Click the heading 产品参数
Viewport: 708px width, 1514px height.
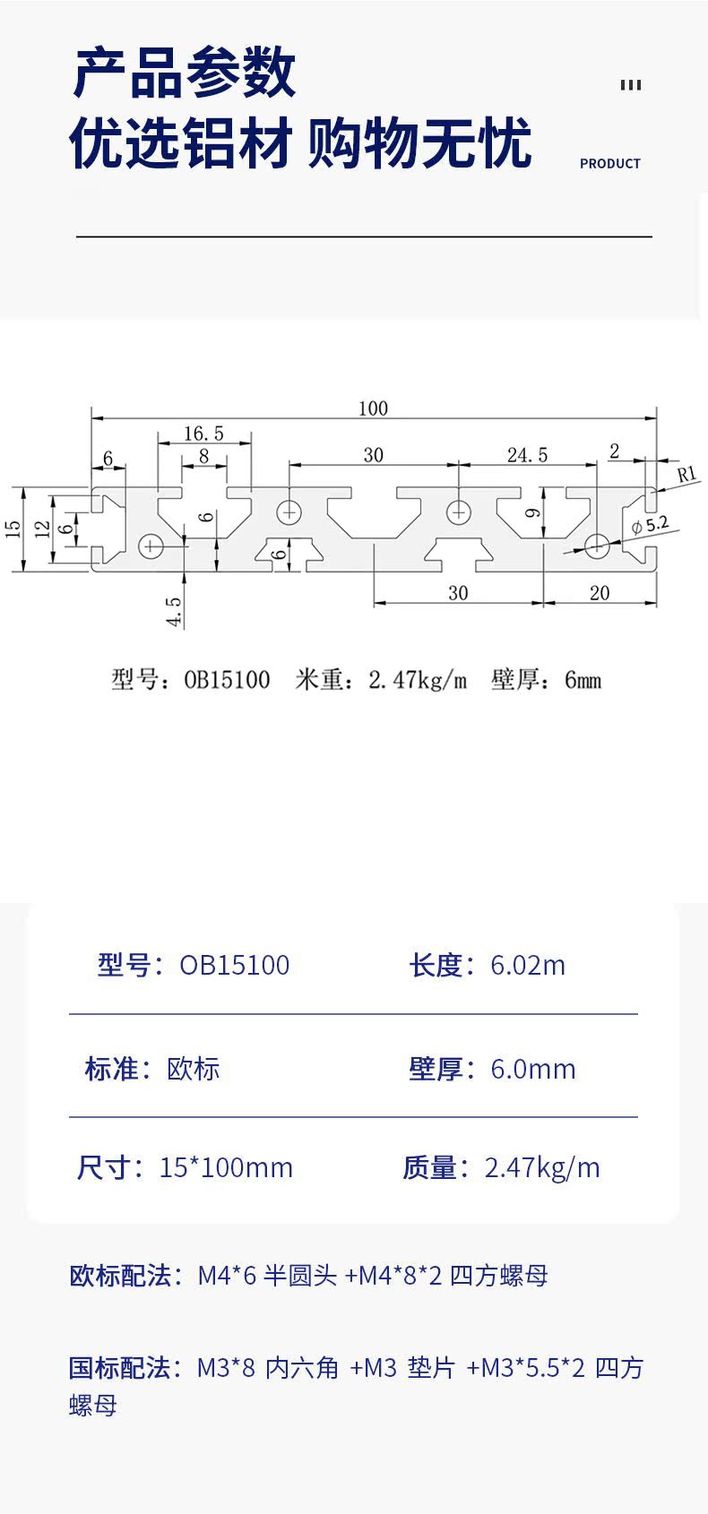pos(184,73)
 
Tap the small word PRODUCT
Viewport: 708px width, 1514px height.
pos(609,164)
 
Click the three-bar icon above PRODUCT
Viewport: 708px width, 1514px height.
pos(630,85)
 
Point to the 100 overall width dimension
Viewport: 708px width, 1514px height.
pos(373,409)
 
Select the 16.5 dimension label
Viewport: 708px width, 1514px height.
pos(203,434)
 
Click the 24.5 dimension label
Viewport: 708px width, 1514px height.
pos(527,455)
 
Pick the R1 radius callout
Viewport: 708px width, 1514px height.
pos(686,474)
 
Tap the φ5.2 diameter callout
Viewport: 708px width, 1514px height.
pos(650,525)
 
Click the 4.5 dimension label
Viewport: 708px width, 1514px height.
pos(175,612)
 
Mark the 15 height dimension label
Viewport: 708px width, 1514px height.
pos(13,529)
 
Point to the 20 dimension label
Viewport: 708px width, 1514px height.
pos(600,593)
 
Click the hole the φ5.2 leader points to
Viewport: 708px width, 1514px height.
pos(596,542)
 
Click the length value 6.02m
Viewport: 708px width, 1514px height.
pos(528,965)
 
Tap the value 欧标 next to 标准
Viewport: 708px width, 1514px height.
pos(194,1069)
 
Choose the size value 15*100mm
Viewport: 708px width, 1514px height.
pos(226,1167)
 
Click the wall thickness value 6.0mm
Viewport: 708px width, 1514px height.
pos(532,1069)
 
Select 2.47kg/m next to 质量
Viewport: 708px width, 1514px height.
pos(541,1167)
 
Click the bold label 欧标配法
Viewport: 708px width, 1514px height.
pos(120,1275)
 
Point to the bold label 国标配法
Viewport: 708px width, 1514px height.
pos(120,1368)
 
